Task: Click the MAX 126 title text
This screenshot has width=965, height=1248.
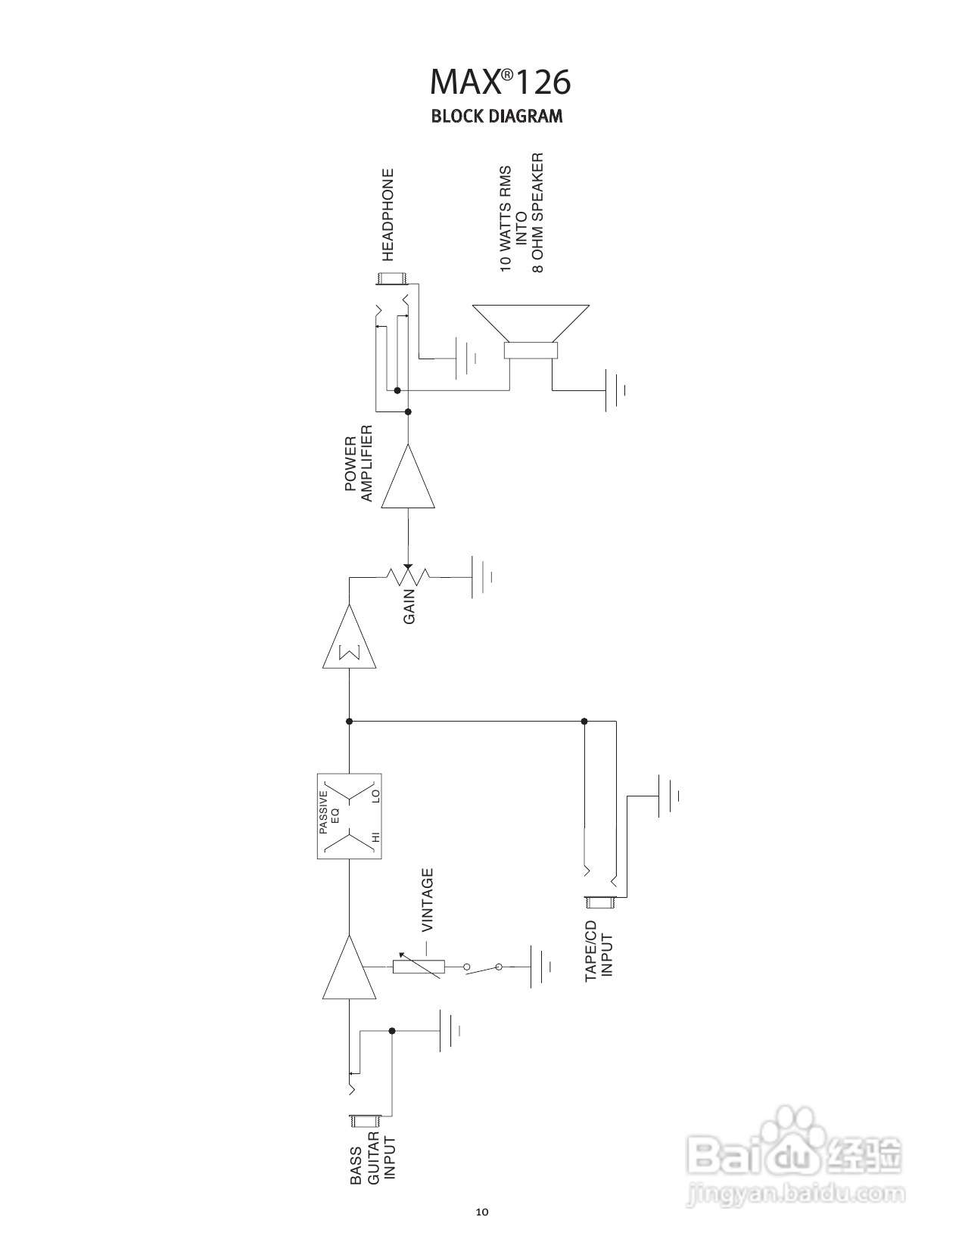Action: click(x=500, y=82)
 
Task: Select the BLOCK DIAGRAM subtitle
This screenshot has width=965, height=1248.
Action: click(x=497, y=116)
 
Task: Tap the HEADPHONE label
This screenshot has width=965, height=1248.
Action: click(x=388, y=215)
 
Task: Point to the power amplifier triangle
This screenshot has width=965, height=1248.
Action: click(x=408, y=479)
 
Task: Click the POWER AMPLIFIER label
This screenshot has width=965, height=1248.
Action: click(x=359, y=464)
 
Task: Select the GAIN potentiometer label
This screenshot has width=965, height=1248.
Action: click(x=409, y=604)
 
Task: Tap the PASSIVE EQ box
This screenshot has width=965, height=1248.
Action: click(x=349, y=816)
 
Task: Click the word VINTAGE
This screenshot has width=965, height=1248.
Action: click(x=428, y=899)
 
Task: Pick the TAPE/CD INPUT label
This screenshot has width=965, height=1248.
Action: click(x=599, y=952)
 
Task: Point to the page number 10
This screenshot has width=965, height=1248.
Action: click(x=482, y=1212)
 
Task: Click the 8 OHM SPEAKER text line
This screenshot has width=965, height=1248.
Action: click(x=538, y=213)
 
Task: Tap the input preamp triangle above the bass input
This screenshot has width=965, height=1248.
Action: click(x=350, y=971)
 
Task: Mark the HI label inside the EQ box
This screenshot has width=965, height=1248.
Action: click(x=374, y=837)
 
